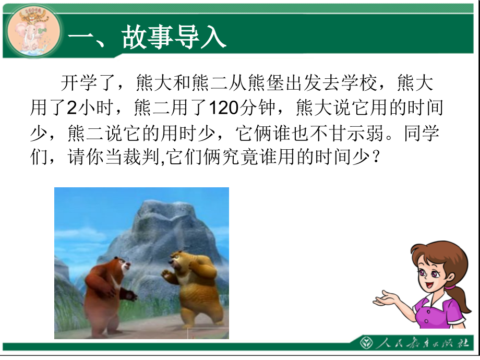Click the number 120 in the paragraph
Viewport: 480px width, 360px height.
222,108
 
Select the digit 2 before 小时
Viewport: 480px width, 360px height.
71,108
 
